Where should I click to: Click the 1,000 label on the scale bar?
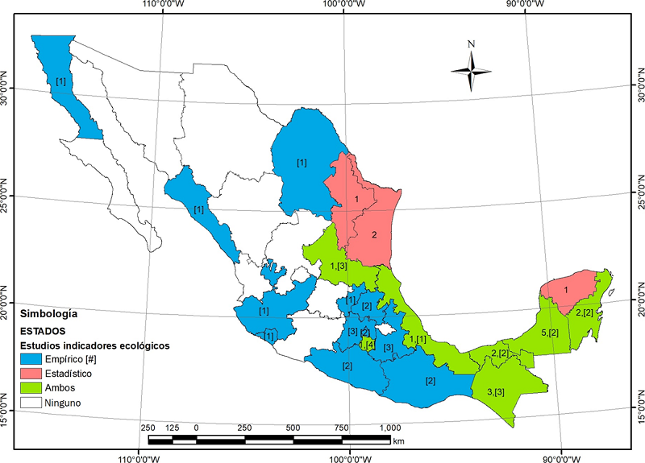tap(389, 428)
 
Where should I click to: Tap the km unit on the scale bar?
tap(399, 441)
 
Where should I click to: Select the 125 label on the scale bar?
tap(172, 428)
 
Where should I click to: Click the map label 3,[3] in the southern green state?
tap(496, 391)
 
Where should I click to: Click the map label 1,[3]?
tap(339, 266)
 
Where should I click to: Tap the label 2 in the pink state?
tap(374, 235)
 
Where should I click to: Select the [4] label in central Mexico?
tap(370, 345)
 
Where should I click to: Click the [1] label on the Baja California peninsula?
tap(61, 81)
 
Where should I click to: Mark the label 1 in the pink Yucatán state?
tap(565, 290)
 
